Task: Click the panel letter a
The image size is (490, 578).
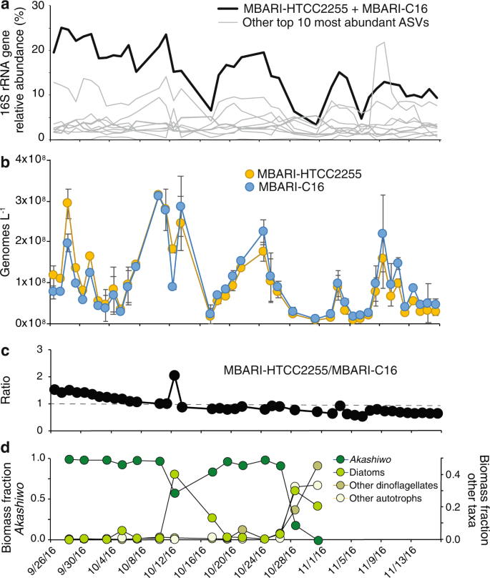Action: tap(5, 6)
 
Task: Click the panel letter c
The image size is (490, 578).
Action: tap(5, 352)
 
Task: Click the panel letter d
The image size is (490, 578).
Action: tap(5, 449)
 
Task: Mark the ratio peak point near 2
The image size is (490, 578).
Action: tap(174, 376)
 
